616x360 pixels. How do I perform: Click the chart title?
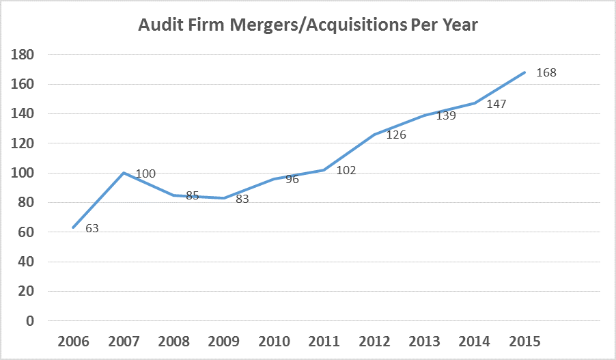coord(308,25)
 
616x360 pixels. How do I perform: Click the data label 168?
coord(546,72)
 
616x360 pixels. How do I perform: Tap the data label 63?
coord(92,228)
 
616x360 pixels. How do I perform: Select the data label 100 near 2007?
coord(145,174)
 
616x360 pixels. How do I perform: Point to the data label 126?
coord(396,135)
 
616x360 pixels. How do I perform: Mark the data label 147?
coord(498,105)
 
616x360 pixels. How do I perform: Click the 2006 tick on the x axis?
coord(73,340)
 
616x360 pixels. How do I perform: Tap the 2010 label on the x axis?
coord(273,340)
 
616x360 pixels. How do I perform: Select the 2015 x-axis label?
coord(524,340)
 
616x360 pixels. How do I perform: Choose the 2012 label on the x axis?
coord(374,340)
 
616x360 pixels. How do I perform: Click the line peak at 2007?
coord(124,173)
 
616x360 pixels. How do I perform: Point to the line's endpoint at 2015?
coord(524,72)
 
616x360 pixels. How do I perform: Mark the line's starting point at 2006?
coord(73,227)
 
